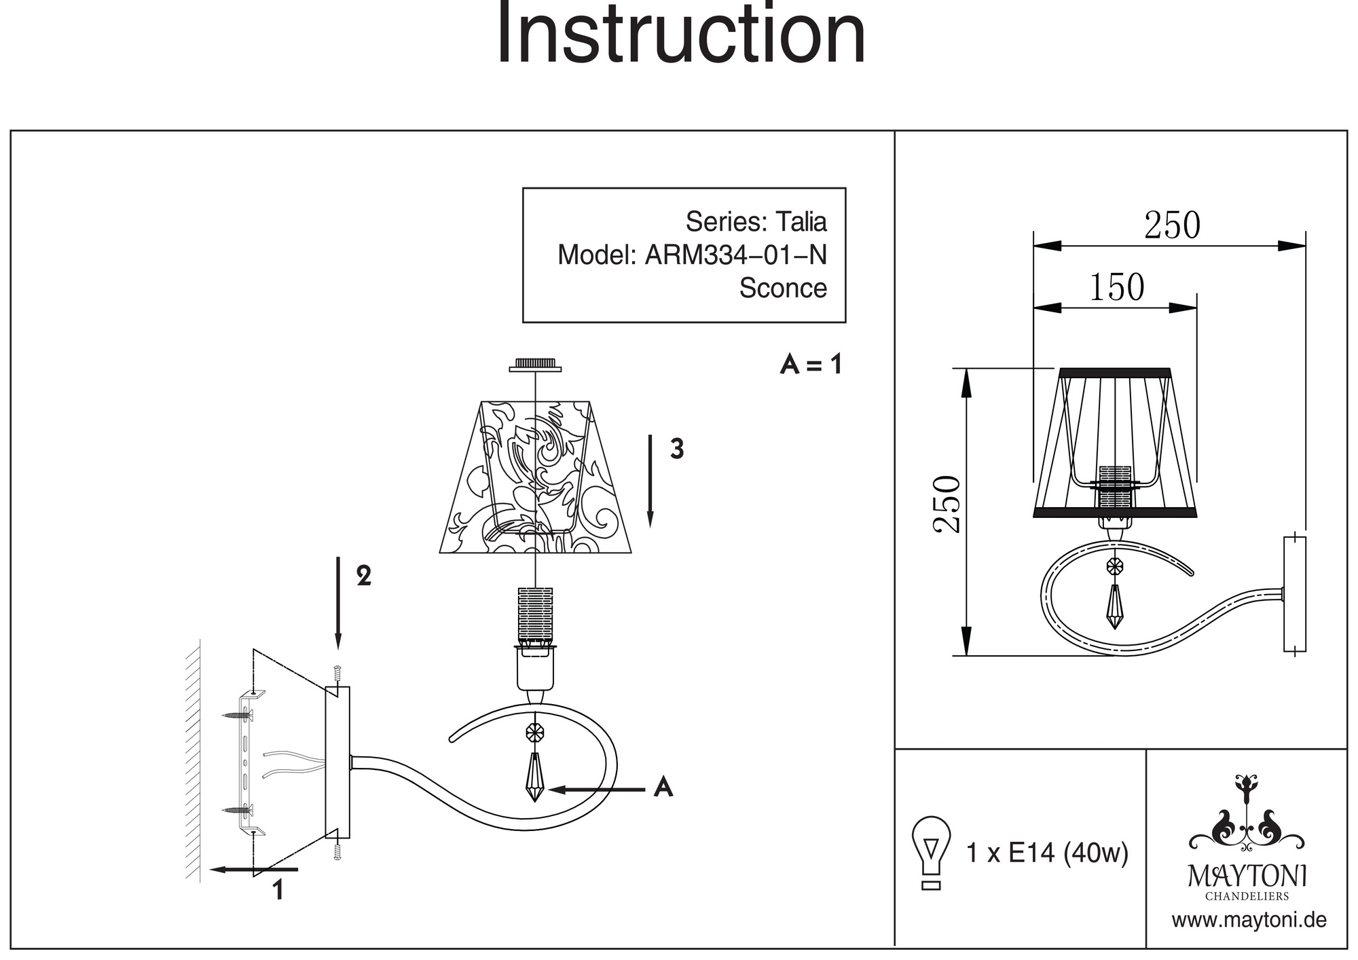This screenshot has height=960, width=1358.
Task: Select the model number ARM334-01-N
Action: point(735,255)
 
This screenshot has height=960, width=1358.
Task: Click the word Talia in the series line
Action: point(801,222)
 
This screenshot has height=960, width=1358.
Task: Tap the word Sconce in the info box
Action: point(783,288)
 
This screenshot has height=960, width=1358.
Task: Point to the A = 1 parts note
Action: point(811,365)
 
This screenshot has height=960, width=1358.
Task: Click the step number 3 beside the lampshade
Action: point(676,449)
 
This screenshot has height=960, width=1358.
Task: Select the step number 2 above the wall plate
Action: point(364,576)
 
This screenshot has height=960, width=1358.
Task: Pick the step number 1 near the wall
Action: point(278,890)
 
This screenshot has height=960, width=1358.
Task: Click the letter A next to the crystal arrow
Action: point(663,787)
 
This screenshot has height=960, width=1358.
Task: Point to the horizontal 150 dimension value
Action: point(1117,287)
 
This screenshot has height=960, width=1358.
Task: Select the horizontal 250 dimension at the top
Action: point(1172,225)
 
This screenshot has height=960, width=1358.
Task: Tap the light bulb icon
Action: point(931,852)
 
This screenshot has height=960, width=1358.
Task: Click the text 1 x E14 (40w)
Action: point(1046,853)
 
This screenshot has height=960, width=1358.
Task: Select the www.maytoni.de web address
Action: point(1249,921)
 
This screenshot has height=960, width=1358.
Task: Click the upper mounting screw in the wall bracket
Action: point(237,715)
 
